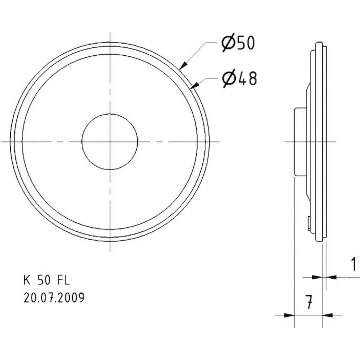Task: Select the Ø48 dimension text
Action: (239, 78)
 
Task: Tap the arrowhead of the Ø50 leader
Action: (183, 65)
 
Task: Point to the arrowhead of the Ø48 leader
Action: (194, 85)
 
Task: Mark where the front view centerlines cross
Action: (110, 141)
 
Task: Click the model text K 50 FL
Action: (47, 280)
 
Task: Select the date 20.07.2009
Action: (54, 298)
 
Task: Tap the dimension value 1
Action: (353, 265)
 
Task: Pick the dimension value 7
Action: (308, 303)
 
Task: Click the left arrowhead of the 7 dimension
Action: (289, 315)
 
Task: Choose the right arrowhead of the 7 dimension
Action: (327, 315)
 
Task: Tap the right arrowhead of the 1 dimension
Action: (331, 277)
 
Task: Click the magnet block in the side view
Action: (300, 141)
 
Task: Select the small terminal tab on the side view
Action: (309, 223)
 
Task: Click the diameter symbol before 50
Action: (228, 43)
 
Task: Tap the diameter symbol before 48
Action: (229, 78)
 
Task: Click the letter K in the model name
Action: (26, 280)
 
